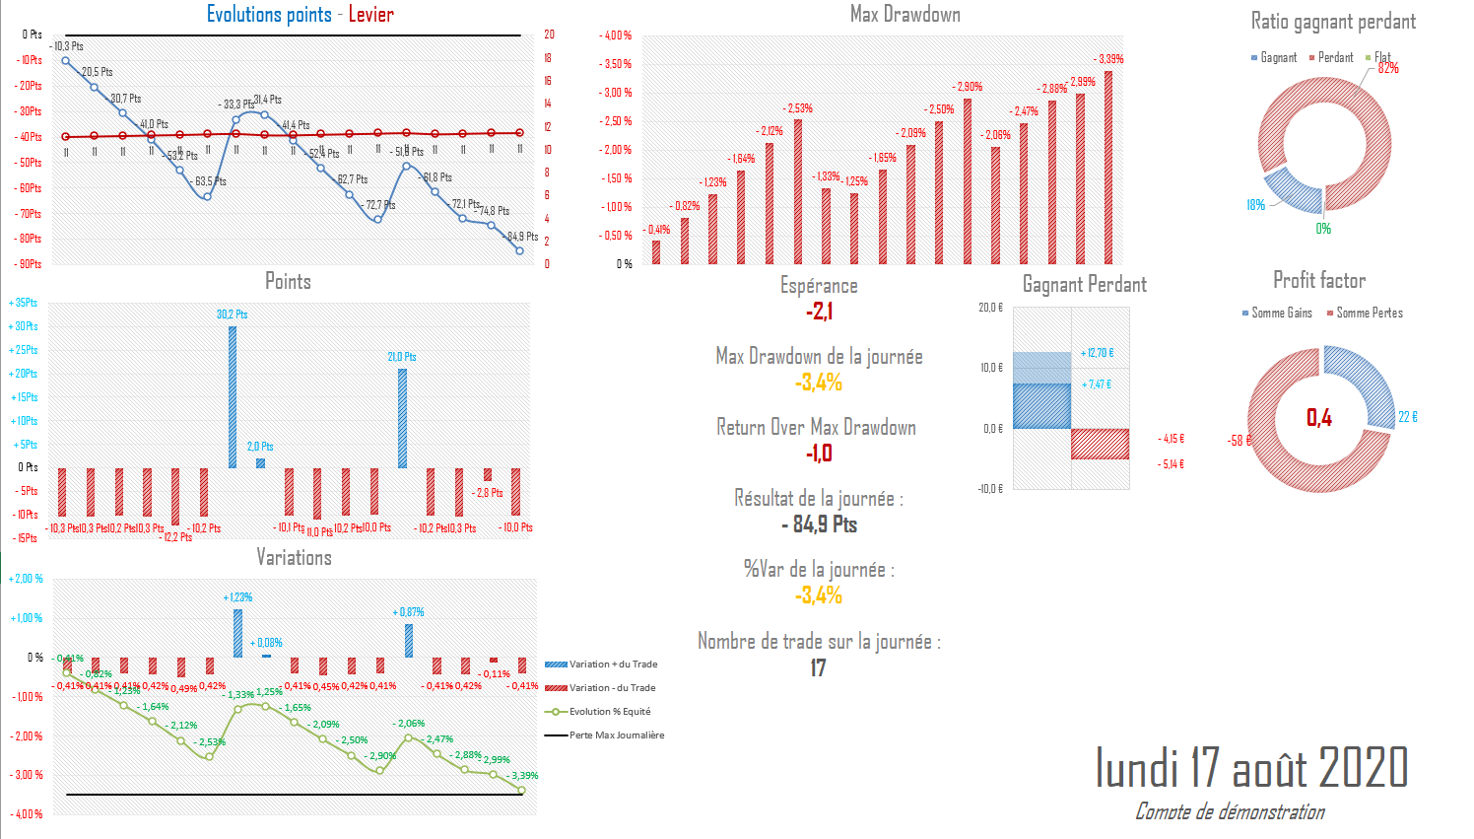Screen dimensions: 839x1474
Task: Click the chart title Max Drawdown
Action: click(x=904, y=15)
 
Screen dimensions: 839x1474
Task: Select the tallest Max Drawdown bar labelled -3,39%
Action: click(x=1108, y=168)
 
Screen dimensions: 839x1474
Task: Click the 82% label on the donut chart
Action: click(x=1388, y=68)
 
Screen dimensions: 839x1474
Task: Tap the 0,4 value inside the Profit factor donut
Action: click(x=1319, y=418)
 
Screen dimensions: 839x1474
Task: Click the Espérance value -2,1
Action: click(x=819, y=312)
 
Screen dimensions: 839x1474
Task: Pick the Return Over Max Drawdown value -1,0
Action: click(x=819, y=454)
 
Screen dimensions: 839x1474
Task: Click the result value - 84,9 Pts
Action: click(x=819, y=524)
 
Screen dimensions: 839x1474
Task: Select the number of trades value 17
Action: click(x=818, y=668)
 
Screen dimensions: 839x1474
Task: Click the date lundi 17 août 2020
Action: click(x=1251, y=767)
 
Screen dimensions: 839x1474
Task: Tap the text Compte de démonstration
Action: click(x=1230, y=811)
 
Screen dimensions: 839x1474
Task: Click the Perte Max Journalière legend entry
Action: click(x=616, y=735)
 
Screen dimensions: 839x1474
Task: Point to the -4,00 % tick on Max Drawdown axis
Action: click(x=616, y=35)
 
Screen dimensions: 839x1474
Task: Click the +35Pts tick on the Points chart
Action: click(x=24, y=303)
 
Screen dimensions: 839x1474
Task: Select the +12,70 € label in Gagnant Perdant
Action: click(x=1097, y=353)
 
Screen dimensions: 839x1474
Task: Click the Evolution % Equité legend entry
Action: click(x=609, y=712)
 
